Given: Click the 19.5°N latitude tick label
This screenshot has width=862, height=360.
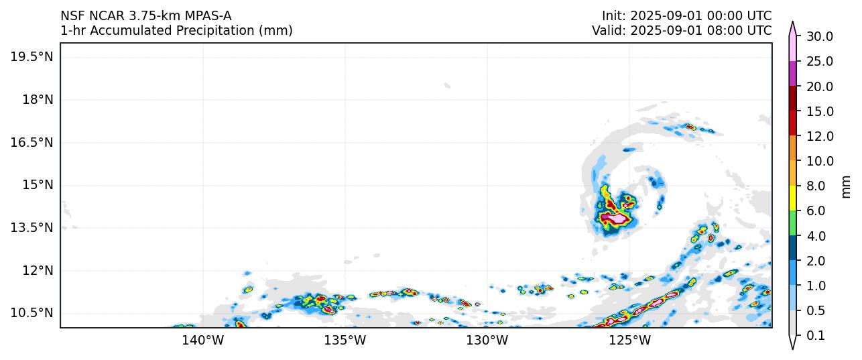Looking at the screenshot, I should tap(32, 57).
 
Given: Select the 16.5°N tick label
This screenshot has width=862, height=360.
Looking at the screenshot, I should tap(32, 143).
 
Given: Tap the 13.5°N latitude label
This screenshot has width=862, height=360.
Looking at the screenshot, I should tap(32, 228).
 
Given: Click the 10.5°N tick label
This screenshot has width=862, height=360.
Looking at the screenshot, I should tap(32, 313).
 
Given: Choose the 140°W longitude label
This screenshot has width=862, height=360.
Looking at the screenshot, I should tap(202, 341).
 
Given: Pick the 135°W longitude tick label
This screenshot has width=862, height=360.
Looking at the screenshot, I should tap(345, 341).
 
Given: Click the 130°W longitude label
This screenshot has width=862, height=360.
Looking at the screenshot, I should tap(487, 341).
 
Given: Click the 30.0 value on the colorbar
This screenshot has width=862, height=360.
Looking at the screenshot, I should tap(819, 37).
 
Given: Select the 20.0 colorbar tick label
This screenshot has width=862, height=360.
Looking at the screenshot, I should tap(819, 86).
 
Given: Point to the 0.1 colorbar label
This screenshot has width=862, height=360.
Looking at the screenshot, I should tap(816, 336).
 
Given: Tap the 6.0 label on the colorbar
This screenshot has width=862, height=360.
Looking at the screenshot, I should tap(816, 211).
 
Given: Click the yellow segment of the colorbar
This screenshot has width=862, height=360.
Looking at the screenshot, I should tap(792, 198).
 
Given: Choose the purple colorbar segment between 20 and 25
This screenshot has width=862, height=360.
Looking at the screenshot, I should tap(792, 74).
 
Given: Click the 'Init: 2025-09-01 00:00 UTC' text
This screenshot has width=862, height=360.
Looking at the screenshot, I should tap(686, 16).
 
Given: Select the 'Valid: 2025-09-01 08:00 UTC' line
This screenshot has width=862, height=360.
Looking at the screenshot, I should tap(682, 31).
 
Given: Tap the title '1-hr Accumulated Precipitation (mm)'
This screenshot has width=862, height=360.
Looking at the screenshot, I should tap(176, 31).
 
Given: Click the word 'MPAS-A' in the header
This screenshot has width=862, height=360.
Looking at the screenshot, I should tap(204, 16).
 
